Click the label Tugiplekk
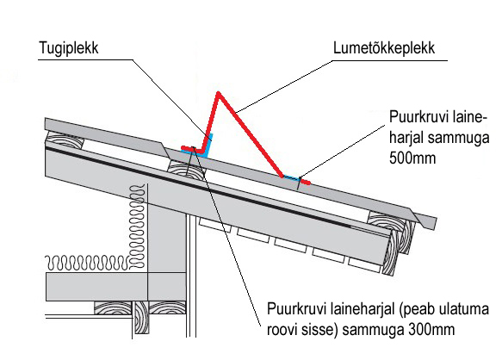(69, 48)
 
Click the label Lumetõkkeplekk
(384, 48)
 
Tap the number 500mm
(412, 158)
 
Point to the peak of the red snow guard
(219, 93)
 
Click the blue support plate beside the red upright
(208, 146)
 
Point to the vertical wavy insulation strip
(137, 227)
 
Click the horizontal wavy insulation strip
(88, 263)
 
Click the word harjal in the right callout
(406, 138)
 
